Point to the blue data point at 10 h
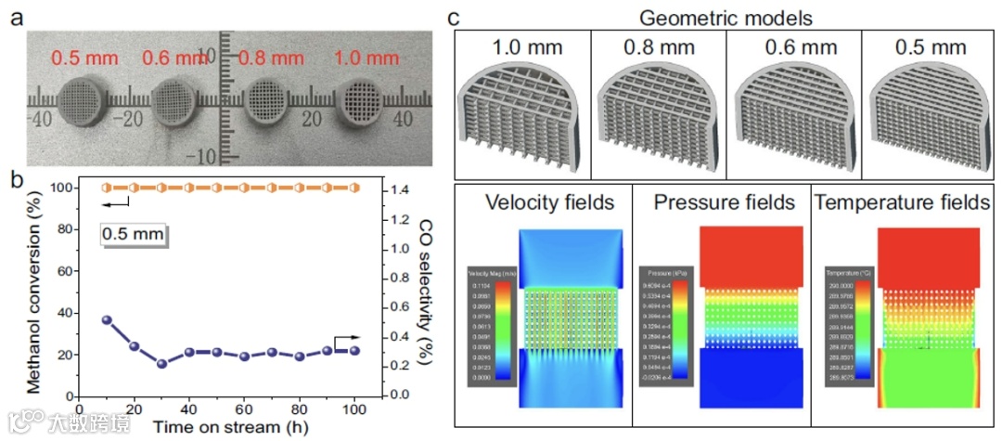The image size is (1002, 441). [107, 320]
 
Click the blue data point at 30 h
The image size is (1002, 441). [161, 363]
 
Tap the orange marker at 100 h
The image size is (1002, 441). [353, 188]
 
